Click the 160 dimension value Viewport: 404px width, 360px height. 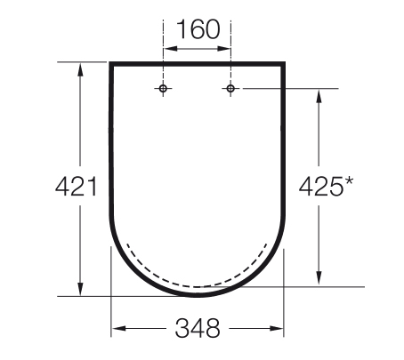click(198, 29)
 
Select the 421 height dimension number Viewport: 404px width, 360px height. click(77, 186)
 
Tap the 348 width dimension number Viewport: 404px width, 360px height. click(198, 328)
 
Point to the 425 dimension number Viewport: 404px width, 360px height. click(320, 186)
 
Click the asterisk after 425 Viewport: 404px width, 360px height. click(349, 181)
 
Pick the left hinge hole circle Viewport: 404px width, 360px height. click(163, 88)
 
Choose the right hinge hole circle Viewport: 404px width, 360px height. click(230, 88)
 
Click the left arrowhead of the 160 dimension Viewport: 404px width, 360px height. click(170, 48)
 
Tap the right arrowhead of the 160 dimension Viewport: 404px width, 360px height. click(223, 48)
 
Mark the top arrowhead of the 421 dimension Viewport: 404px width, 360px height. click(80, 69)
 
